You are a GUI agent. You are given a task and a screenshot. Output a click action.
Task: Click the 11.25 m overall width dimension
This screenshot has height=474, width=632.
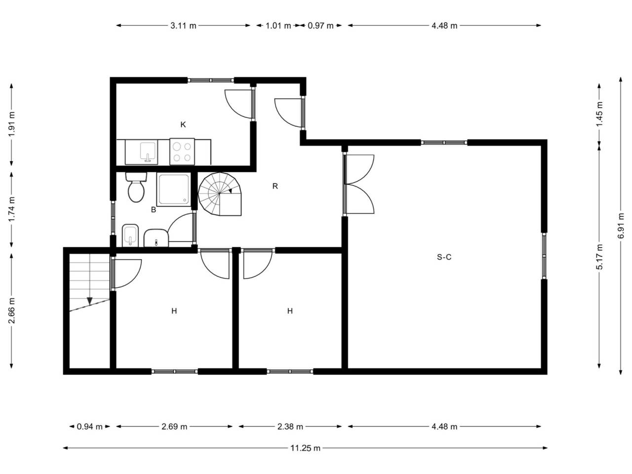[305, 448]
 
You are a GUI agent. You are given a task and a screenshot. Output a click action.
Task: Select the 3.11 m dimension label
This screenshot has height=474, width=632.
[183, 26]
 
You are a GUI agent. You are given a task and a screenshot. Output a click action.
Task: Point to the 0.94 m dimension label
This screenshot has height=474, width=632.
[89, 427]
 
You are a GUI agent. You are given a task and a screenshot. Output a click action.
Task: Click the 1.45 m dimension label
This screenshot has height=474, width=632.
[599, 114]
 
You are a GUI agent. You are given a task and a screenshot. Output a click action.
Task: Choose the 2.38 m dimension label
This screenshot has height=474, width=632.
[290, 427]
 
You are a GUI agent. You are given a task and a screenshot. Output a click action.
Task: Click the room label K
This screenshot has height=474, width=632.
[183, 124]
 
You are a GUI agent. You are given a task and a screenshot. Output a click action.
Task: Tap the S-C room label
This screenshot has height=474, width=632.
[444, 257]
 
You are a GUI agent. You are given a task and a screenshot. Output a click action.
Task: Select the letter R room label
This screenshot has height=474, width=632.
[275, 186]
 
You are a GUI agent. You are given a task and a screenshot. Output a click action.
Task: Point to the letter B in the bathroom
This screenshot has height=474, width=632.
[154, 209]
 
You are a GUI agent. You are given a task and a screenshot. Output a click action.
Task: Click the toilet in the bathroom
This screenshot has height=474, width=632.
[136, 187]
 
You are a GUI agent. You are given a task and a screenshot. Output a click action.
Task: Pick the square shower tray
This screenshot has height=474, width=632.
[174, 189]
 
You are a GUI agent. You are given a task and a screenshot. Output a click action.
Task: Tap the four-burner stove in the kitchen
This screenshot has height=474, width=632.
[182, 152]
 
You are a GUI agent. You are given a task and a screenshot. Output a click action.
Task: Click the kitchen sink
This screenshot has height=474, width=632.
[148, 152]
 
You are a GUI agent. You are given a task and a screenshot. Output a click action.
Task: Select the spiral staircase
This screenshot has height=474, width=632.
[220, 194]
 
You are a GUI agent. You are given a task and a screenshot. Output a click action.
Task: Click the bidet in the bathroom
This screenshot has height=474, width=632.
[130, 236]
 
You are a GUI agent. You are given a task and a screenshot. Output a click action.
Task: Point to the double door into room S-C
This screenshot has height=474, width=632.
[358, 184]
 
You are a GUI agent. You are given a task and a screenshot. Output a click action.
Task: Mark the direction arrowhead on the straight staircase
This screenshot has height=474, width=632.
[89, 301]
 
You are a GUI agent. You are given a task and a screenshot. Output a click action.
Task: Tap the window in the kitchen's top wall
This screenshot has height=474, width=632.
[211, 80]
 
